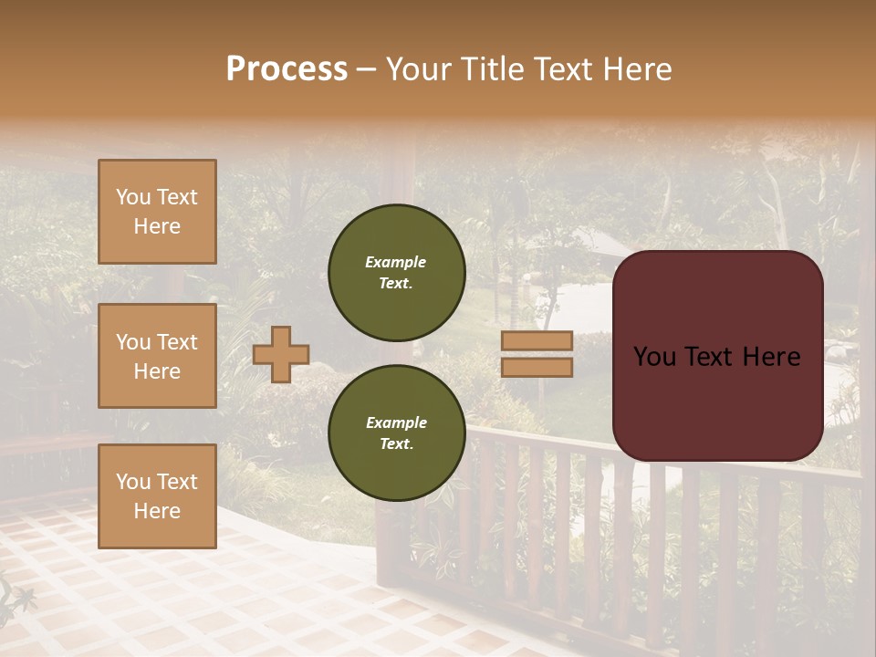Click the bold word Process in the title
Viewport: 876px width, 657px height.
(287, 69)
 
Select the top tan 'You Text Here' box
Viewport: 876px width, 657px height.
(157, 212)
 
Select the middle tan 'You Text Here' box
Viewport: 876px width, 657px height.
(157, 356)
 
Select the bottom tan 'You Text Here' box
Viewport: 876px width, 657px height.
(157, 496)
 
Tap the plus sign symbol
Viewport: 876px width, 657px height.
(281, 354)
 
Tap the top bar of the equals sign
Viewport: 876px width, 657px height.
(537, 341)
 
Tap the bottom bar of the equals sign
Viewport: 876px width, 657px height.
(537, 368)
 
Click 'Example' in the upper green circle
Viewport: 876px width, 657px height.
(396, 262)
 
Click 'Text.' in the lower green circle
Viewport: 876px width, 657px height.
(396, 443)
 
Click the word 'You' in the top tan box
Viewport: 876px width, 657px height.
(133, 197)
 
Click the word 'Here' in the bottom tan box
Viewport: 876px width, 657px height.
(157, 511)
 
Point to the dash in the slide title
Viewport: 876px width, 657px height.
(367, 69)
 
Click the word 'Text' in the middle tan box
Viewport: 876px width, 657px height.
(177, 342)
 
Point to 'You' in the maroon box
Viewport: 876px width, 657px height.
(655, 357)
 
